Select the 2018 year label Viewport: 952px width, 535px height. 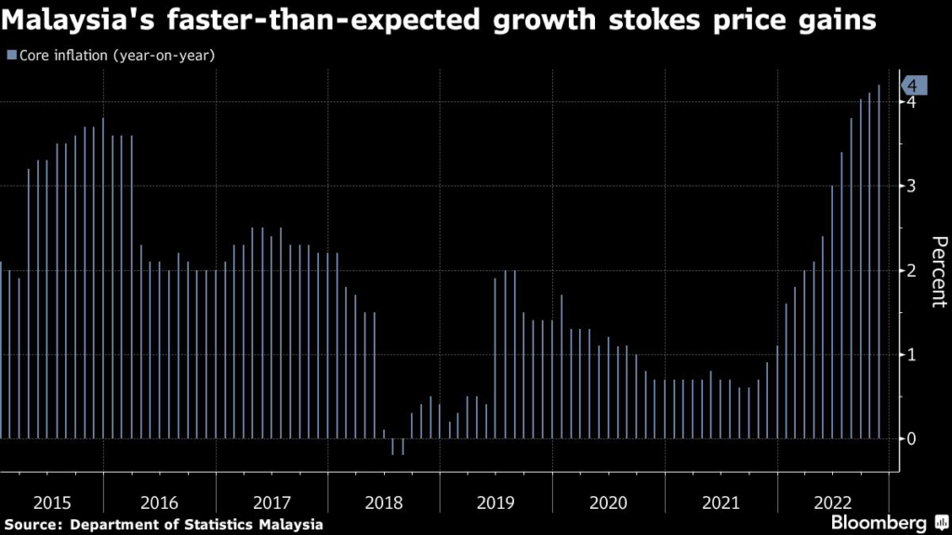[x=383, y=502]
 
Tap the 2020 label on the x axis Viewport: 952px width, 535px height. [x=608, y=502]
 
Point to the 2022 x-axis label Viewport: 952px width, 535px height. [x=833, y=502]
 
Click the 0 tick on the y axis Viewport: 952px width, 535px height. [x=914, y=438]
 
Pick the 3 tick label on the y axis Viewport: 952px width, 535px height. [x=914, y=186]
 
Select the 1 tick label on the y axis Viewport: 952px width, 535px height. [x=914, y=354]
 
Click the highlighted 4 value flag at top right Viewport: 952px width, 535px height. [x=912, y=85]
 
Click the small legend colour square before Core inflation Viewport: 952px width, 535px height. [x=10, y=56]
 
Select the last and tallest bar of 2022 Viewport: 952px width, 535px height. [x=879, y=261]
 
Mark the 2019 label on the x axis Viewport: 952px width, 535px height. [x=496, y=502]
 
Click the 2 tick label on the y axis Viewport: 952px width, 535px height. [x=914, y=270]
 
